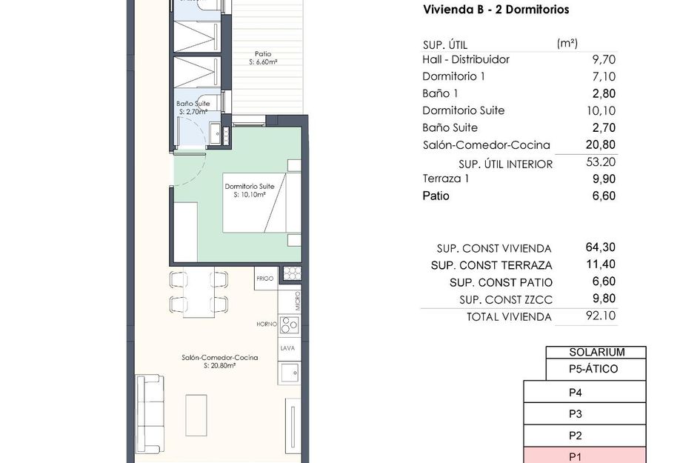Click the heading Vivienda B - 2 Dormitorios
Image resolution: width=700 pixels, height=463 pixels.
pos(496,10)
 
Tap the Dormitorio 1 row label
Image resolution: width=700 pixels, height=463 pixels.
pos(454,76)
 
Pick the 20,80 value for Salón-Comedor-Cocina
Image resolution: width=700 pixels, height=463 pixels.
pos(601,144)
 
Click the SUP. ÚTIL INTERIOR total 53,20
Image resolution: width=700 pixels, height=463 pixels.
pos(601,162)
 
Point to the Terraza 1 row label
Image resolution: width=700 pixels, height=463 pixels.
pos(447,179)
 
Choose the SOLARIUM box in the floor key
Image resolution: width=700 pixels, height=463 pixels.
pos(596,353)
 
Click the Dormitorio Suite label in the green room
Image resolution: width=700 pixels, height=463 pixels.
pos(245,186)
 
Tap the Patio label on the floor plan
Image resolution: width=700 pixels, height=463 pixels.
pos(262,53)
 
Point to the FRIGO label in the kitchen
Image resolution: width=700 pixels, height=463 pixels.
pos(264,279)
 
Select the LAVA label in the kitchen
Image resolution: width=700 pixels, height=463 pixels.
pos(288,347)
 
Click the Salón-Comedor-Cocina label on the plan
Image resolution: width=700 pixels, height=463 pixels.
pos(219,357)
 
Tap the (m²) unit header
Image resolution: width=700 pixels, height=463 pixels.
pos(567,44)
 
